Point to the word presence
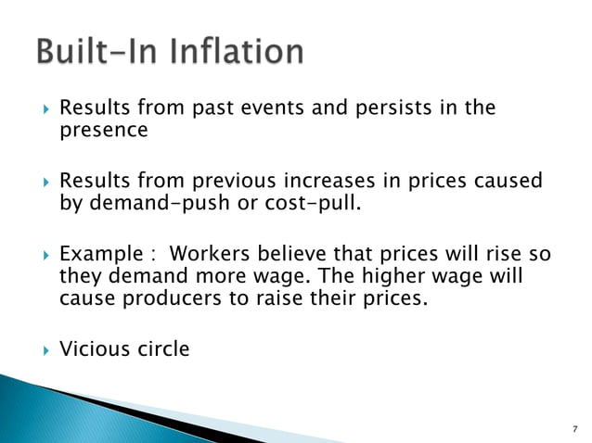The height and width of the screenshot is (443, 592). [103, 130]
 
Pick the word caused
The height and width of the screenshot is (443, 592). [507, 180]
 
